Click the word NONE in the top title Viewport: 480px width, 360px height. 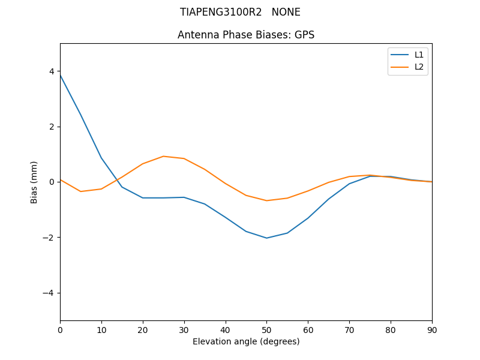point(286,12)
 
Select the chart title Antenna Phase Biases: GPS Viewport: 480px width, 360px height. point(246,35)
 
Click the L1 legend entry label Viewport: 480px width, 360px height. point(419,55)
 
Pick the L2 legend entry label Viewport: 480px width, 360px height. point(419,67)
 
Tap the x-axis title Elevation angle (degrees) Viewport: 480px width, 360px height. point(246,341)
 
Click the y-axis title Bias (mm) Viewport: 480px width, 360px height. point(34,182)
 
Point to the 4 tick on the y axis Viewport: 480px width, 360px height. point(52,71)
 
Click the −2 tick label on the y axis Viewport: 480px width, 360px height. point(49,238)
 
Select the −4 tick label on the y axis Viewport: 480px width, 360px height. point(49,293)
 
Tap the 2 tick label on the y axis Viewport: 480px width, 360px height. point(52,127)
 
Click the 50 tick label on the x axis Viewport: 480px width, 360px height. point(266,329)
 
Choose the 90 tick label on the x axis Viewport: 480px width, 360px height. point(432,329)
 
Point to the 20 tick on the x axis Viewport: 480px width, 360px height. point(143,329)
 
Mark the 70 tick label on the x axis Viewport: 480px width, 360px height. point(349,329)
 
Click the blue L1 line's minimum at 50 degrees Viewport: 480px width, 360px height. point(266,238)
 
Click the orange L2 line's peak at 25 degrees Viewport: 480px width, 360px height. point(163,156)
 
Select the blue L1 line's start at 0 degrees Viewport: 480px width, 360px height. point(61,75)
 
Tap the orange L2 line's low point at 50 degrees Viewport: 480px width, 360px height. point(266,200)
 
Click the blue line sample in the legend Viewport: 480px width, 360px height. point(400,55)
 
